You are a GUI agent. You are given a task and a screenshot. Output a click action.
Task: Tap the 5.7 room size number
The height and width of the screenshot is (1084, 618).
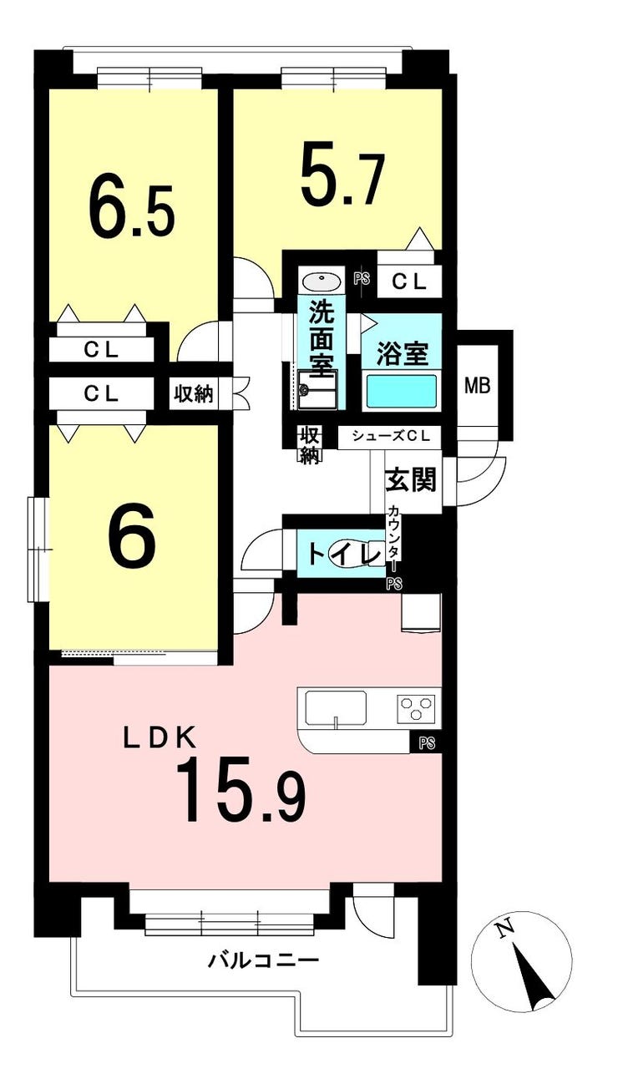343,173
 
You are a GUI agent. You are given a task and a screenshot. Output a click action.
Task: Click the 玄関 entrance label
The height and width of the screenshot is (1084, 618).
410,480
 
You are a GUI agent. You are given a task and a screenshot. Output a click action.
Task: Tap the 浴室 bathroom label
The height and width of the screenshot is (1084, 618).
403,354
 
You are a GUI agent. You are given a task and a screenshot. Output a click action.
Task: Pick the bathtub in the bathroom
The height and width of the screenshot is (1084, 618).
403,391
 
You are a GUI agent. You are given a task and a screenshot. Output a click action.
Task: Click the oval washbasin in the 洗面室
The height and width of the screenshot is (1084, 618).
321,281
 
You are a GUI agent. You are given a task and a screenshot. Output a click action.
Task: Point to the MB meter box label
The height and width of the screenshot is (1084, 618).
478,386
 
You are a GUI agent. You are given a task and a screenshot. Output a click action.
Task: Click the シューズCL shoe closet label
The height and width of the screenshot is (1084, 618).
391,436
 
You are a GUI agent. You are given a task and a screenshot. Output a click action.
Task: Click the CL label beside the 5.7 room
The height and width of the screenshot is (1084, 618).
409,282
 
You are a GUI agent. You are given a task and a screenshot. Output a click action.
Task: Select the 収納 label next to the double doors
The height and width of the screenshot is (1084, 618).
194,394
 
